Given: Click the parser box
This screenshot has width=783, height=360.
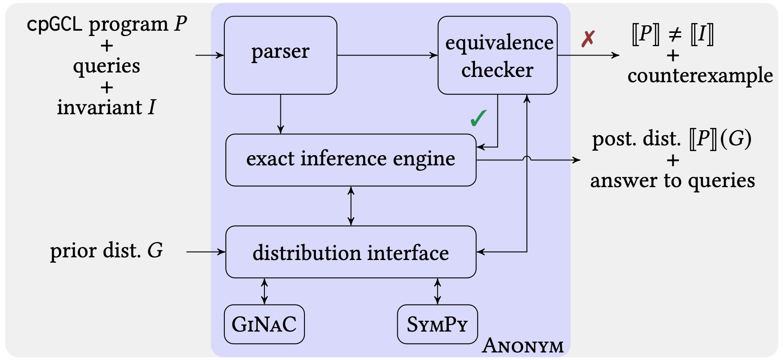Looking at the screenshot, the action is point(280,55).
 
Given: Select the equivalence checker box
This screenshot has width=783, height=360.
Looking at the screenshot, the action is point(498,55).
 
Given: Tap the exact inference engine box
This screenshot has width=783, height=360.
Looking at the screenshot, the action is point(351,160).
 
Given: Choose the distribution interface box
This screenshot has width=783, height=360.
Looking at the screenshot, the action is point(351,252).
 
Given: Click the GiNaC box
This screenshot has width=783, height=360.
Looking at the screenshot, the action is point(264,324).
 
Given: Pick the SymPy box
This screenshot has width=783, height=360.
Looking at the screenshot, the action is point(437,324).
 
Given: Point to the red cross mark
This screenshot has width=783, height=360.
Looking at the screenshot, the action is point(588,39).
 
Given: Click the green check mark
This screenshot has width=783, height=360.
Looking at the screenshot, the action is point(479,118).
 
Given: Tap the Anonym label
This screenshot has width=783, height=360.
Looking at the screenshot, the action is point(523,345).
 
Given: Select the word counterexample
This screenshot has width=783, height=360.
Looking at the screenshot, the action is point(700,76).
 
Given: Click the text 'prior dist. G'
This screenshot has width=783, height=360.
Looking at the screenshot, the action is point(107,251).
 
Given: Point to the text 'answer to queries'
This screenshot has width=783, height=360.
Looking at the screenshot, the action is point(673,180).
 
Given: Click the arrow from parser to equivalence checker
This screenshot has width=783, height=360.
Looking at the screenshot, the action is point(388,55).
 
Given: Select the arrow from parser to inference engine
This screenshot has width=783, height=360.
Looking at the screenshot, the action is point(280,114).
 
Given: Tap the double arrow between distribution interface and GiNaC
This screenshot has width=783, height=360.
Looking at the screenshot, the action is point(264,291).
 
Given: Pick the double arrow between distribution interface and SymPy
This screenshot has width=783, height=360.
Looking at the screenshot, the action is point(437,291).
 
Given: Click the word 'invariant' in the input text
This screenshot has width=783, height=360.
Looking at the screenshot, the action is point(100,107).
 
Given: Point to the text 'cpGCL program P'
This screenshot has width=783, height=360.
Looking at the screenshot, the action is point(107,24).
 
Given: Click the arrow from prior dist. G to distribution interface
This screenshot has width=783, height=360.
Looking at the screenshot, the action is point(206,252).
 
